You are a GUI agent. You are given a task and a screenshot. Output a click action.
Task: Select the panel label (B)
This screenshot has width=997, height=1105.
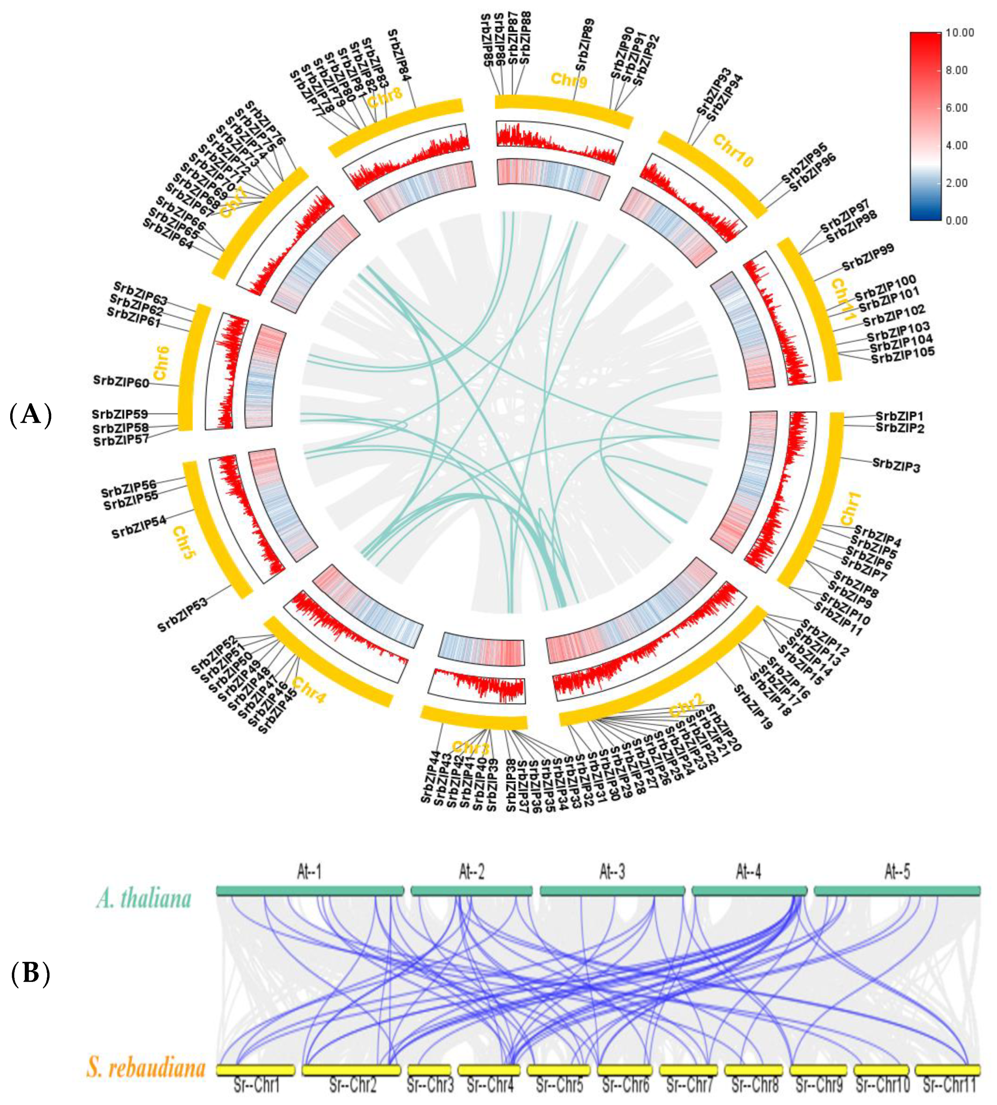coord(31,973)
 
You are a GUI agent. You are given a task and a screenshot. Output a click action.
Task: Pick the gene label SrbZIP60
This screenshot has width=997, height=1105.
coord(121,382)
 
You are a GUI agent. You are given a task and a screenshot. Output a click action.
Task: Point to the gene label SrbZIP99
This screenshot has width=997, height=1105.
coord(868,257)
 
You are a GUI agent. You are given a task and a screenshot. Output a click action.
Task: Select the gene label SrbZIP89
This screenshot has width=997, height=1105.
coord(585,45)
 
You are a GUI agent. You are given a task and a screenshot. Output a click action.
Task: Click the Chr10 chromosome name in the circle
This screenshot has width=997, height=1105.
coord(733,151)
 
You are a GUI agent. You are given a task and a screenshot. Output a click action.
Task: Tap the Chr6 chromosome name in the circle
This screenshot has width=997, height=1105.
coord(160,363)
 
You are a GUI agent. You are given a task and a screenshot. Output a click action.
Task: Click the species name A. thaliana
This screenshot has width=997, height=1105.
coord(144,898)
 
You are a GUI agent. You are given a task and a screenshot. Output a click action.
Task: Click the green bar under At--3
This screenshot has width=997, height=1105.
coord(612,891)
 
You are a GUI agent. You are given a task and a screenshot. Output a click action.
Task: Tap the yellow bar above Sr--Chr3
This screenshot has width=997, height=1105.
coord(429,1070)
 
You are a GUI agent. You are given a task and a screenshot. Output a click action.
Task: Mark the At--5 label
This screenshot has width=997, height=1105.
coord(897,871)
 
